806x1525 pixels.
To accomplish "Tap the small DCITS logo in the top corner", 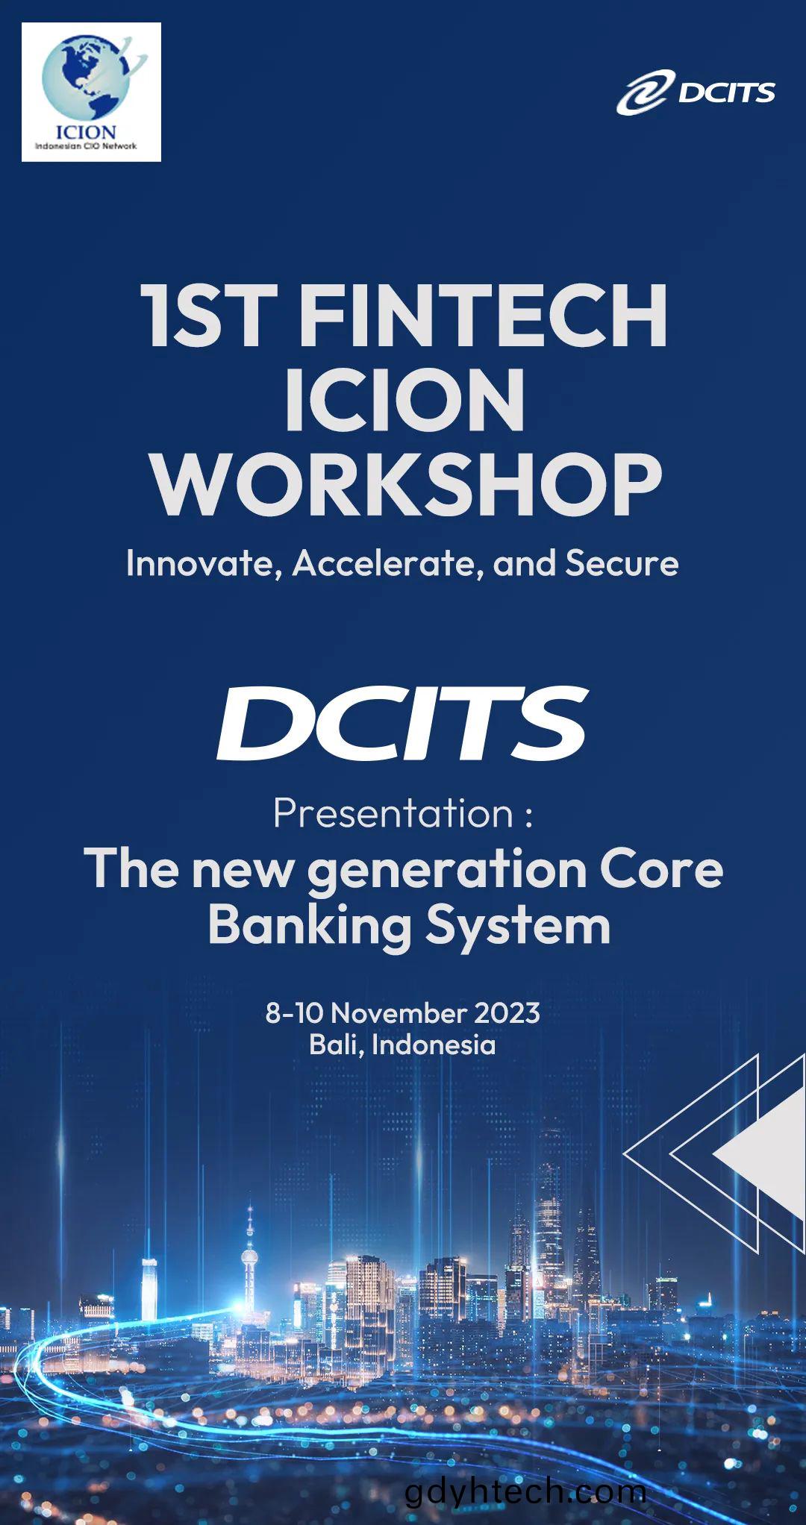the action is click(695, 93).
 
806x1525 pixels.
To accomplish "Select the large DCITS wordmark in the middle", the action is click(402, 721).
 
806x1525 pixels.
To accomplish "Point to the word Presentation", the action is click(393, 814).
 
